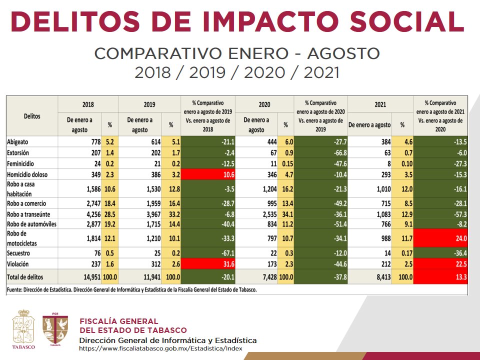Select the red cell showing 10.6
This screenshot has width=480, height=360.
point(207,173)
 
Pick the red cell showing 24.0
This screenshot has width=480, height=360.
point(440,238)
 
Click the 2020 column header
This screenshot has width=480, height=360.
point(264,104)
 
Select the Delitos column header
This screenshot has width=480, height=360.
point(32,116)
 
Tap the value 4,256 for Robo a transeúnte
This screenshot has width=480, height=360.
point(90,214)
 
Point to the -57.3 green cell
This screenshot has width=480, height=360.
point(440,214)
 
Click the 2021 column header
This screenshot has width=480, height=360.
point(380,104)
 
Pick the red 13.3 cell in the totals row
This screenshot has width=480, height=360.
point(440,276)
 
